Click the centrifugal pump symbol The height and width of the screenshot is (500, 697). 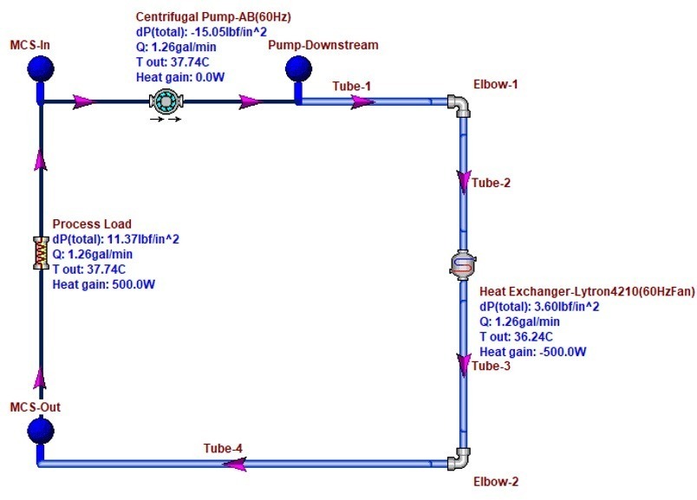tap(165, 101)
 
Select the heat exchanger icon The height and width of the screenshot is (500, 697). tap(462, 265)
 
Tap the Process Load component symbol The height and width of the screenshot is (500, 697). tap(39, 252)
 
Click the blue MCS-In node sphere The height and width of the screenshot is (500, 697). tap(40, 68)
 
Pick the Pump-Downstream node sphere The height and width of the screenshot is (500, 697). tap(297, 68)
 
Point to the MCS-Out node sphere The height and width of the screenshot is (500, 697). tap(40, 430)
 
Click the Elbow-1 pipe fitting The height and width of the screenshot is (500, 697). tap(459, 105)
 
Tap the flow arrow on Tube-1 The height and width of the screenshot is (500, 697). tap(362, 101)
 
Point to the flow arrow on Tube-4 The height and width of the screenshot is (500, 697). tap(234, 464)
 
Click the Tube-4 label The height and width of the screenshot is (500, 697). tap(223, 448)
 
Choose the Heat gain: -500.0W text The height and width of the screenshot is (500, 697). tap(533, 351)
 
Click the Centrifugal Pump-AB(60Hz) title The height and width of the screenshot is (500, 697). tap(214, 16)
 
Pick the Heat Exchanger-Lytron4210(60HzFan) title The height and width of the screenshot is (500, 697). tap(587, 292)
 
